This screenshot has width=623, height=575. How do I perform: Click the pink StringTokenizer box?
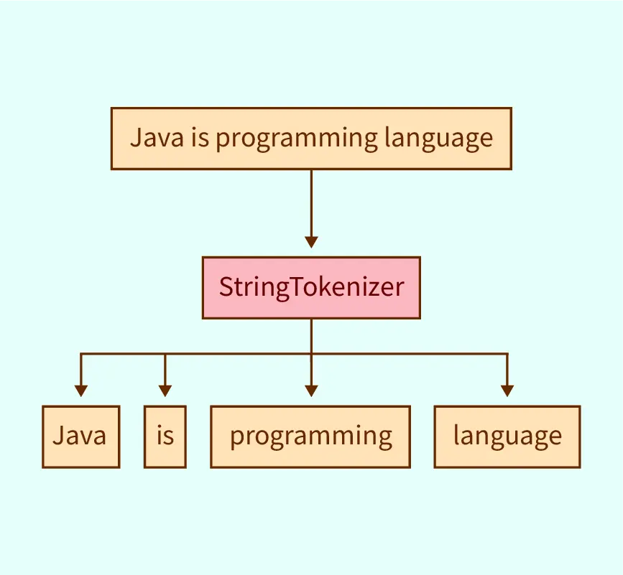click(311, 287)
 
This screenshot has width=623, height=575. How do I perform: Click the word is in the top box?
click(200, 138)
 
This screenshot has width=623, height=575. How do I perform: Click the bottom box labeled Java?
click(81, 436)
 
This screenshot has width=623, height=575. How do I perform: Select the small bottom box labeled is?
click(165, 436)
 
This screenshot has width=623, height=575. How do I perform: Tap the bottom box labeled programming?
click(310, 436)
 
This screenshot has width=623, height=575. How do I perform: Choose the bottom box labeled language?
click(507, 436)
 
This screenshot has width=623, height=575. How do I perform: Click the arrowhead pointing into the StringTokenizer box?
click(311, 242)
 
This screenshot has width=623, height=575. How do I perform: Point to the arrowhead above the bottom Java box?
click(81, 391)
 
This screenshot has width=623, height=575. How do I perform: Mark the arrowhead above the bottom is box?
click(165, 391)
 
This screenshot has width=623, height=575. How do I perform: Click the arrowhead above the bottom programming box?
click(311, 391)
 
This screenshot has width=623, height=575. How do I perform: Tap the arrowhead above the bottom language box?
click(507, 391)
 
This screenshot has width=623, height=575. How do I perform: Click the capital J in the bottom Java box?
click(58, 436)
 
